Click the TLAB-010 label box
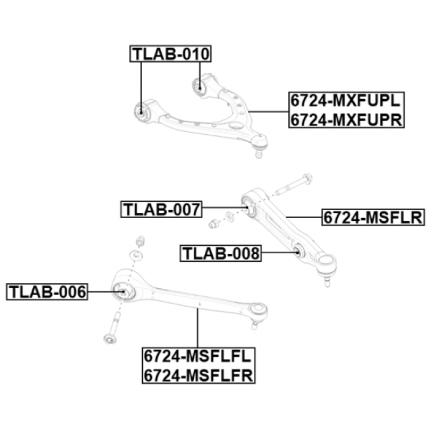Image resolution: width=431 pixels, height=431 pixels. [x=170, y=54]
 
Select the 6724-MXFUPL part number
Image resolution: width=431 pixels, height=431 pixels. [x=346, y=101]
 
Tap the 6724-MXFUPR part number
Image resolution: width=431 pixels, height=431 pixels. [x=346, y=119]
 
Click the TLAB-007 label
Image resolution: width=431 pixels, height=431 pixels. [x=161, y=210]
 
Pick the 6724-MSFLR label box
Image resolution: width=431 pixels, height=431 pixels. [x=373, y=218]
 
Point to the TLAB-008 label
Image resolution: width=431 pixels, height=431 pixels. [x=221, y=253]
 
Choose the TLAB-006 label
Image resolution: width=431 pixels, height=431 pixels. [x=47, y=291]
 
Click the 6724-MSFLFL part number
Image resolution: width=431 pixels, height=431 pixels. [x=198, y=357]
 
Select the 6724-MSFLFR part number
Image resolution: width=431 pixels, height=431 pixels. [x=198, y=375]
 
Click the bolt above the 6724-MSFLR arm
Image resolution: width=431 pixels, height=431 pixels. [x=293, y=185]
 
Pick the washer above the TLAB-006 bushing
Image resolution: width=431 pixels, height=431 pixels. [x=136, y=255]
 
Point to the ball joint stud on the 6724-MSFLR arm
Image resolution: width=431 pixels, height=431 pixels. [x=327, y=281]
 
